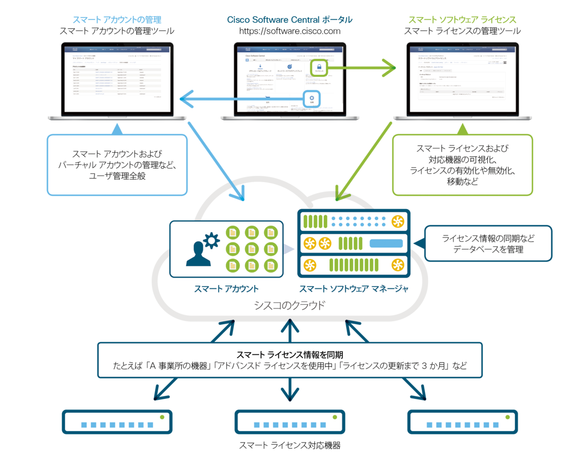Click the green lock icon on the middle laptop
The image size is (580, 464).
[319, 68]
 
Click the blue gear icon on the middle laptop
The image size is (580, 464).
[312, 99]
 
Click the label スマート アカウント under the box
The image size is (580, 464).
[226, 289]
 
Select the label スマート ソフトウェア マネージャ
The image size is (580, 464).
[353, 289]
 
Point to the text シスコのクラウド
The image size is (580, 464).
[290, 305]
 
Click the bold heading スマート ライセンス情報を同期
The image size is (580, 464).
[290, 355]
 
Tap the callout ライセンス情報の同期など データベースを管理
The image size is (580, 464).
[488, 244]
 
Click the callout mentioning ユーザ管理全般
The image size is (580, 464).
[117, 165]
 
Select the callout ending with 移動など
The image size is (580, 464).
[462, 165]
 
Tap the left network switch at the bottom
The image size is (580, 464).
[117, 422]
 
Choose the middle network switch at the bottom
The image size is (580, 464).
[290, 422]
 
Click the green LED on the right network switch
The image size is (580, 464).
[507, 417]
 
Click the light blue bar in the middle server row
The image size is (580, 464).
[386, 243]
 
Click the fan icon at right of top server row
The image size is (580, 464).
[397, 222]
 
